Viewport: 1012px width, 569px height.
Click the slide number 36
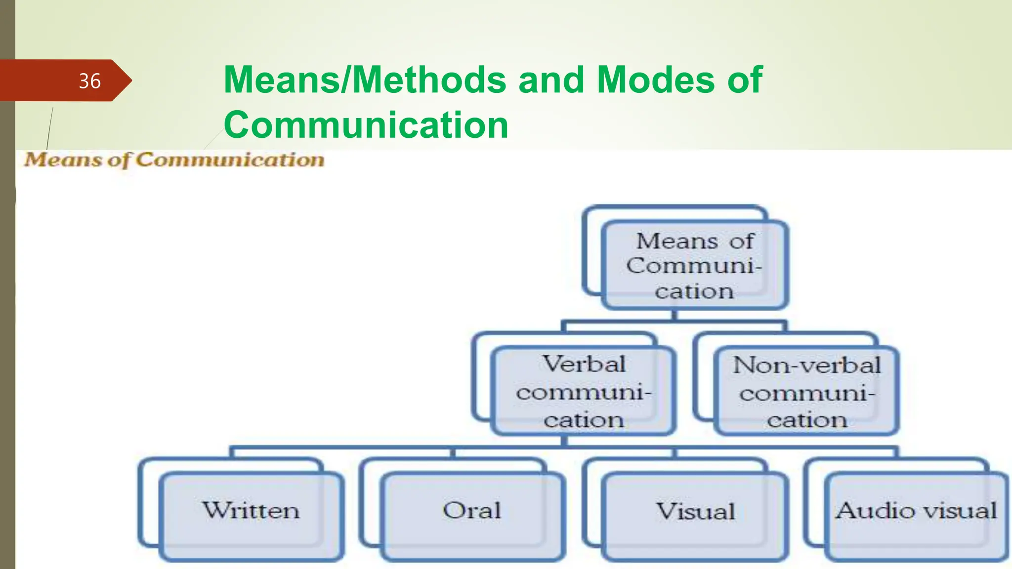(x=89, y=81)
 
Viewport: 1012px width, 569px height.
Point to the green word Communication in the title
(x=366, y=124)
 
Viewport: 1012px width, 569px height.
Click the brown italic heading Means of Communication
(x=174, y=160)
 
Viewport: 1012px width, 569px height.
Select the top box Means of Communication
(x=694, y=266)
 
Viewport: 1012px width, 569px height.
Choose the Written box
(x=251, y=511)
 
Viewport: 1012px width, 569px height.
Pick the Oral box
(x=472, y=511)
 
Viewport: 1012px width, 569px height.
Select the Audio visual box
(x=916, y=511)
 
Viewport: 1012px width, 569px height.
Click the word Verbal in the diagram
(x=584, y=365)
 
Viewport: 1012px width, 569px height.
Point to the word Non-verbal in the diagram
(x=806, y=366)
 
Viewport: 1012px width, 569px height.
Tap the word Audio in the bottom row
(x=866, y=511)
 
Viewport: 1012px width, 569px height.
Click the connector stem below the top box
(x=674, y=316)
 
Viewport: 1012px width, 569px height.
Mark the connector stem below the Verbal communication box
(x=564, y=441)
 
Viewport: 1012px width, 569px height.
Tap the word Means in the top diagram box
(x=677, y=242)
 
